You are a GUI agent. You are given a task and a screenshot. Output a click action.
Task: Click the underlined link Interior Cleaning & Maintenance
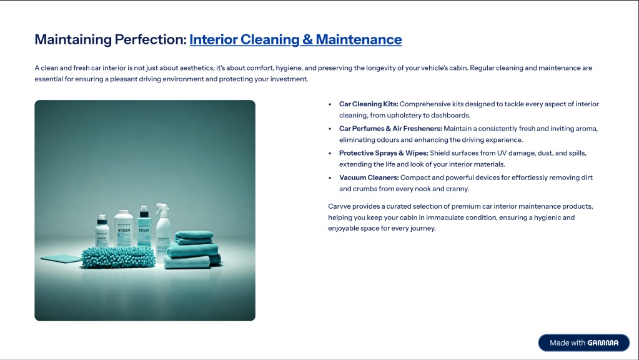click(295, 39)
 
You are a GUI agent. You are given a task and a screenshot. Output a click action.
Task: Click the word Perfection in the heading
click(151, 39)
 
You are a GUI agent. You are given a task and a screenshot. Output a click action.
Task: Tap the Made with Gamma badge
click(583, 343)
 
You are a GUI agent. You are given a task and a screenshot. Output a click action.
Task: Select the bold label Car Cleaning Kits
click(369, 104)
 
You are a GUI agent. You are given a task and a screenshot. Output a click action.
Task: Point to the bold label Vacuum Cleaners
click(369, 177)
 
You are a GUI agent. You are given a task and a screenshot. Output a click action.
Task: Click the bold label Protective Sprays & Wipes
click(384, 153)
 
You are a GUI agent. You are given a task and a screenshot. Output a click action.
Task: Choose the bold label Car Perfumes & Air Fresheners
click(390, 129)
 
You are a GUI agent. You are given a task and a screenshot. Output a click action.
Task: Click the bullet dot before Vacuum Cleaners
click(330, 178)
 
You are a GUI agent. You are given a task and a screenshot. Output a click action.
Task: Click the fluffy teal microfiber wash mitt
click(118, 256)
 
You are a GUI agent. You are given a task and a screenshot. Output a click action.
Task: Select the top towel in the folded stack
click(194, 237)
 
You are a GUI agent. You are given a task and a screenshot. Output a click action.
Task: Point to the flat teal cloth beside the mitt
click(61, 258)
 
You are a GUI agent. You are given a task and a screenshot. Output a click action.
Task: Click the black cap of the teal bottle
click(144, 211)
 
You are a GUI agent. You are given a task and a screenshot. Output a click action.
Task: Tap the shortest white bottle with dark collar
click(102, 231)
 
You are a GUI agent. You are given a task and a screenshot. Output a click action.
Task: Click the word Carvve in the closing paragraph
click(339, 207)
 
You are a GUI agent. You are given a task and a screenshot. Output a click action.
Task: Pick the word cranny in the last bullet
click(457, 189)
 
